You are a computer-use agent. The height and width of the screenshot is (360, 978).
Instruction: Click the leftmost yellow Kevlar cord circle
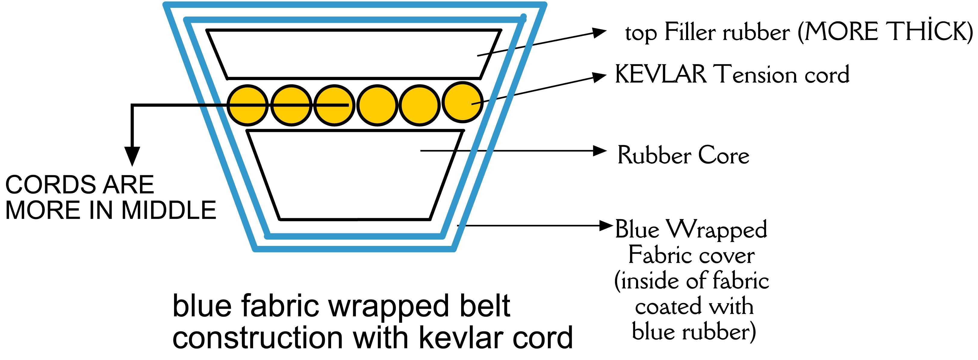[247, 105]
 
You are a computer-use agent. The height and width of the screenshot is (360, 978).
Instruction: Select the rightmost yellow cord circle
[463, 102]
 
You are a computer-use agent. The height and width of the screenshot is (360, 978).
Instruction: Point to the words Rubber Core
[683, 155]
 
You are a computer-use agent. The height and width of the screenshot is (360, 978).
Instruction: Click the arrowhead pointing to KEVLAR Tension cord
[599, 76]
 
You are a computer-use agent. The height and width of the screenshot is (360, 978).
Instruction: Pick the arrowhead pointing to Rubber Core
[600, 151]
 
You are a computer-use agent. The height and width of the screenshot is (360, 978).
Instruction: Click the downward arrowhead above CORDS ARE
[132, 157]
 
